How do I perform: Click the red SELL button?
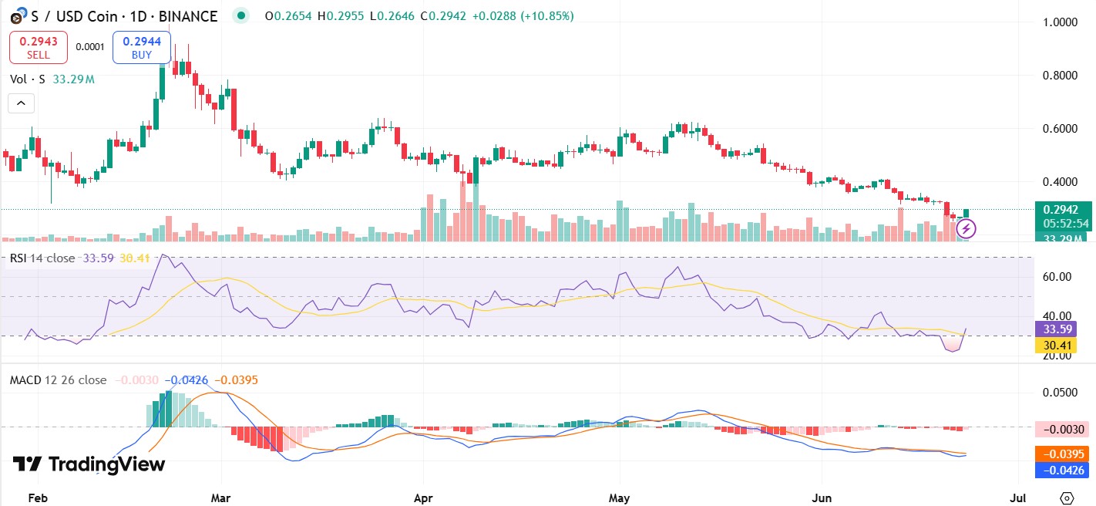click(x=39, y=47)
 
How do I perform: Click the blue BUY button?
click(x=141, y=47)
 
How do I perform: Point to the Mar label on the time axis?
click(x=221, y=498)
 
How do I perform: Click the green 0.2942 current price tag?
click(x=1066, y=209)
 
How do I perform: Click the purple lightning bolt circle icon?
click(x=967, y=228)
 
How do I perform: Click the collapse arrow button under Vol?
click(x=21, y=103)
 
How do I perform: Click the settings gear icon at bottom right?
click(x=1067, y=498)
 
